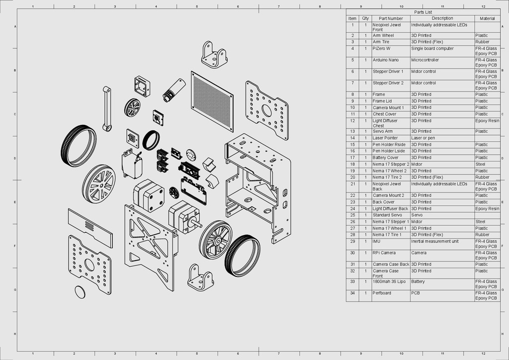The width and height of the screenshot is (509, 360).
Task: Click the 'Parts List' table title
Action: click(x=423, y=12)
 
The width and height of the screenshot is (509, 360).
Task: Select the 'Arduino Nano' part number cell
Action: click(x=386, y=60)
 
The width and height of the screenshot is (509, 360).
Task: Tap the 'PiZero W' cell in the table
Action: click(x=382, y=49)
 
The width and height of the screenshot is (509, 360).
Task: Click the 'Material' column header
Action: click(x=487, y=18)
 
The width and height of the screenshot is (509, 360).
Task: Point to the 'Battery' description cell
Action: click(x=418, y=281)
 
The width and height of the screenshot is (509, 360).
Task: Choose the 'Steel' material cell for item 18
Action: click(x=481, y=164)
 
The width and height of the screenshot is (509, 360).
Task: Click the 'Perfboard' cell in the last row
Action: click(x=382, y=293)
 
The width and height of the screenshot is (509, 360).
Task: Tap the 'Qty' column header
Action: click(x=365, y=18)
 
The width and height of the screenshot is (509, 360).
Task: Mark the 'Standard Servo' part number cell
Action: click(x=387, y=215)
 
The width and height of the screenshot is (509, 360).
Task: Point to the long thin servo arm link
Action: click(x=106, y=109)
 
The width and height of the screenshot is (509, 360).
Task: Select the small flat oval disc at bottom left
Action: click(x=80, y=292)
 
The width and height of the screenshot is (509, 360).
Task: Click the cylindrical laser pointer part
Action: click(x=174, y=90)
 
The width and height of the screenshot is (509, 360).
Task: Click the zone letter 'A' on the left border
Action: click(x=16, y=26)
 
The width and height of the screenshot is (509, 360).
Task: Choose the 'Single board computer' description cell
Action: click(x=432, y=49)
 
